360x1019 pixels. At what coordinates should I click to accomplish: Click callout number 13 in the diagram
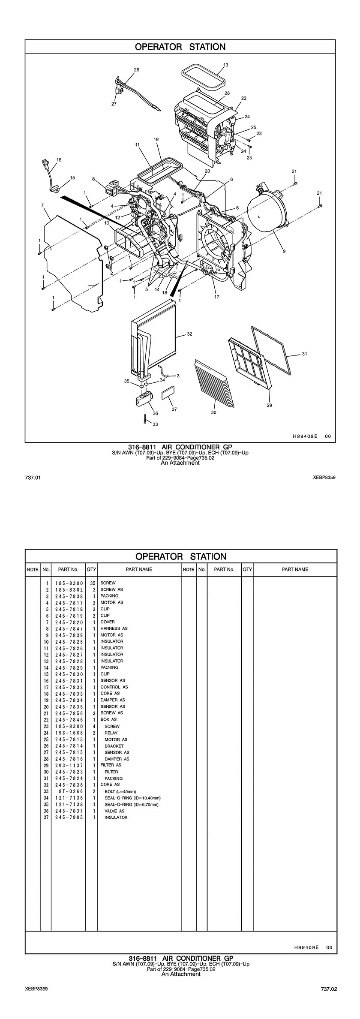click(225, 65)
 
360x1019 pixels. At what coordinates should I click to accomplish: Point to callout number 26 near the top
click(137, 69)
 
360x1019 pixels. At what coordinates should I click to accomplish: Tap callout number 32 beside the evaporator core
click(189, 334)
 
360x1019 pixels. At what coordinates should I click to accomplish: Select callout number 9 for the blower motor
click(284, 252)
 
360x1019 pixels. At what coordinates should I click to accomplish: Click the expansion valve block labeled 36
click(144, 399)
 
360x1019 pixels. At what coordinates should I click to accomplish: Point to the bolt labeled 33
click(146, 419)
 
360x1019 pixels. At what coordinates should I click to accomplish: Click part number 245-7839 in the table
click(69, 635)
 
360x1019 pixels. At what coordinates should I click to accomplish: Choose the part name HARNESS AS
click(114, 628)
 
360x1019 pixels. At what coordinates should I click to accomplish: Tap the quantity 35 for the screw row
click(91, 583)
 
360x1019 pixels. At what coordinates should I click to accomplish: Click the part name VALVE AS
click(114, 811)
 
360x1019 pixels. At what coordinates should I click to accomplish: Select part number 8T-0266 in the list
click(69, 791)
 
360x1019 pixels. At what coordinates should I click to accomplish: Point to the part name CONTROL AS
click(114, 687)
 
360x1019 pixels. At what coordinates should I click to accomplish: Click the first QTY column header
click(91, 569)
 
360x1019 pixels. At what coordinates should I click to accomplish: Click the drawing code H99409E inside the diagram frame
click(305, 436)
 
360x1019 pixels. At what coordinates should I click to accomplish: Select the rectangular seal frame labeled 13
click(204, 76)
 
